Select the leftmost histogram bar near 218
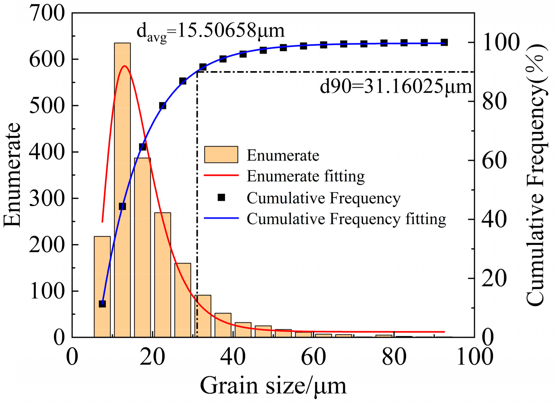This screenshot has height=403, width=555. click(102, 286)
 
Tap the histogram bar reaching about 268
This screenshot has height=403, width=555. click(163, 275)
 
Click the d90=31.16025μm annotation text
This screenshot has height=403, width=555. click(396, 87)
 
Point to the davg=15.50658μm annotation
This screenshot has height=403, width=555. click(211, 31)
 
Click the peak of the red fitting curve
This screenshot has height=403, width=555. click(125, 66)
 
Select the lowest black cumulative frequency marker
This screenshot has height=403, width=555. click(102, 304)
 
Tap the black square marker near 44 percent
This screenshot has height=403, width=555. click(122, 207)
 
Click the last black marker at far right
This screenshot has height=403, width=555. click(444, 43)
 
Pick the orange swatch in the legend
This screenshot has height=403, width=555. click(221, 155)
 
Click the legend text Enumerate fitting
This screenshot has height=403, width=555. click(306, 176)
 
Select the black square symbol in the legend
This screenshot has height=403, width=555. click(221, 197)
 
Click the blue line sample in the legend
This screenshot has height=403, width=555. click(221, 218)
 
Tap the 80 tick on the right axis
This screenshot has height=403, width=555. click(494, 102)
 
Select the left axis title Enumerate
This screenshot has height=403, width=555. click(12, 175)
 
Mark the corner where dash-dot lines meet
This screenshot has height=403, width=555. click(197, 72)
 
